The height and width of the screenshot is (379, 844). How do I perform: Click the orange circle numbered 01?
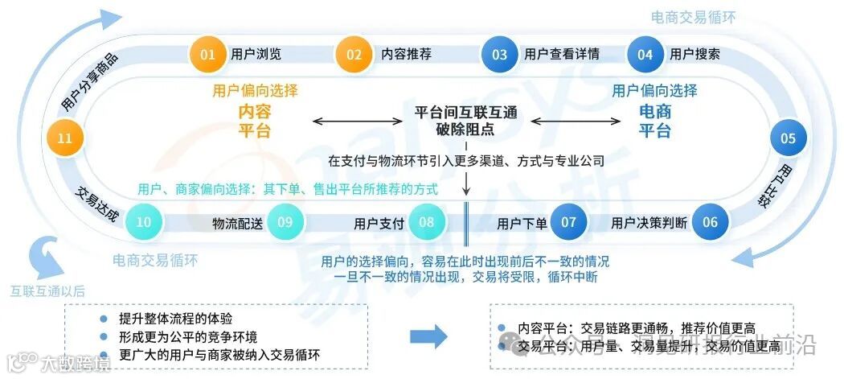[208, 55]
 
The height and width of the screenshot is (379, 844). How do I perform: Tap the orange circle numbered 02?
[354, 55]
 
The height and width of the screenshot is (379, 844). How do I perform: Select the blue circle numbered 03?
[500, 55]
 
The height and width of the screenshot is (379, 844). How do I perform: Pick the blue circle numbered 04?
[645, 55]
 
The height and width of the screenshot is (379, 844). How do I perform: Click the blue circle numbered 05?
[789, 138]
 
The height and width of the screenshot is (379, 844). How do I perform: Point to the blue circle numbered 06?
[711, 222]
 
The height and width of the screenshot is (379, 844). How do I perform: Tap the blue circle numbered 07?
[569, 222]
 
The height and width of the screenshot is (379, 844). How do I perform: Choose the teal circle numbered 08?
[427, 222]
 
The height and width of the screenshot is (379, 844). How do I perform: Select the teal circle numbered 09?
[285, 222]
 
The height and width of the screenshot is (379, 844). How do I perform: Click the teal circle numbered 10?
[144, 222]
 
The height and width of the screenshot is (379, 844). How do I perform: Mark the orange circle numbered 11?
[65, 138]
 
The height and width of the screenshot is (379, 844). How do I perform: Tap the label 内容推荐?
[406, 55]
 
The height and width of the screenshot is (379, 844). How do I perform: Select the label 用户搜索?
[694, 55]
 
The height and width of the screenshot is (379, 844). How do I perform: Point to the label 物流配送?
[237, 223]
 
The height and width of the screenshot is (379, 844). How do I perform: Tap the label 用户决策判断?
[649, 223]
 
